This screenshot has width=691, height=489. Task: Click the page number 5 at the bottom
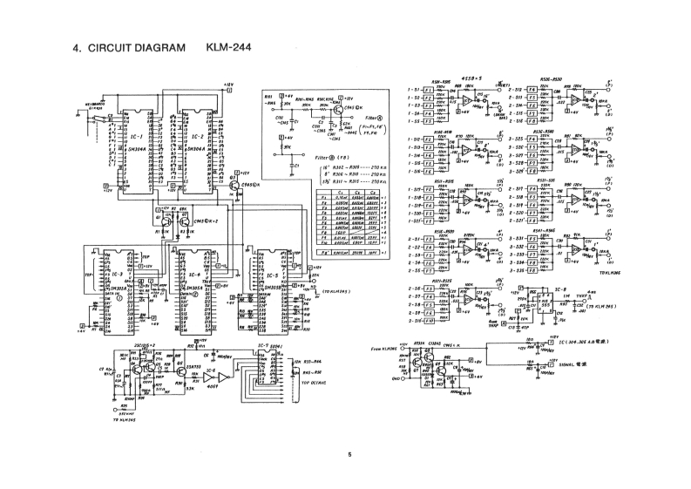[x=349, y=453]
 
